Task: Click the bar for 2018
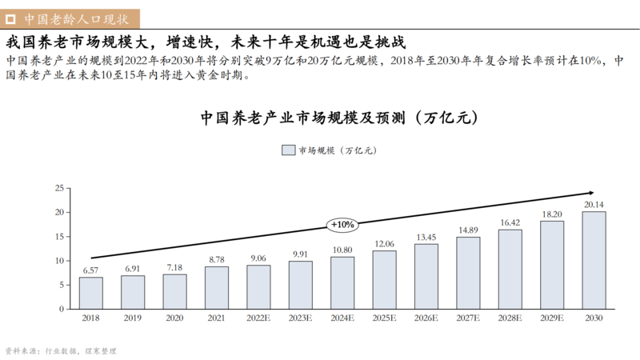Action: point(90,293)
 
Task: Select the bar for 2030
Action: point(594,260)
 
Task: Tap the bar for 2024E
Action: point(342,282)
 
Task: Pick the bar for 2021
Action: point(217,287)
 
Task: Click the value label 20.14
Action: point(594,205)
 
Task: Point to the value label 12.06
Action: point(384,244)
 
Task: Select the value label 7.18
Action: point(174,267)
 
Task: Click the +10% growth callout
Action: point(342,225)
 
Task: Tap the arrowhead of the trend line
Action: point(590,193)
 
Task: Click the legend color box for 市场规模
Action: point(288,150)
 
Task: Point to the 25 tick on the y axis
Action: point(58,188)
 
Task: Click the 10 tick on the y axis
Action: point(58,261)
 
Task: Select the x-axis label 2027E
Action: point(468,318)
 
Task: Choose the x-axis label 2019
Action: point(133,318)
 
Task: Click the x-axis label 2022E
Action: point(258,318)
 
